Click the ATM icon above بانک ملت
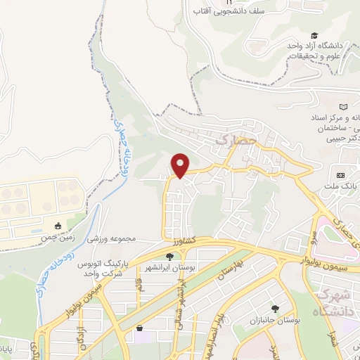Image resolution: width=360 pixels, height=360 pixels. click(341, 175)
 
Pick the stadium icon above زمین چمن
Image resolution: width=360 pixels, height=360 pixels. click(58, 226)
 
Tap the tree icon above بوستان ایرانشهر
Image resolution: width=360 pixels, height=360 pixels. click(169, 256)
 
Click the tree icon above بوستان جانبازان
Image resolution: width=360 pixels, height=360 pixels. click(275, 309)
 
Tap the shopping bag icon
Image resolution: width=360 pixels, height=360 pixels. click(139, 327)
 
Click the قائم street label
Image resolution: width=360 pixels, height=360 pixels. click(140, 288)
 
